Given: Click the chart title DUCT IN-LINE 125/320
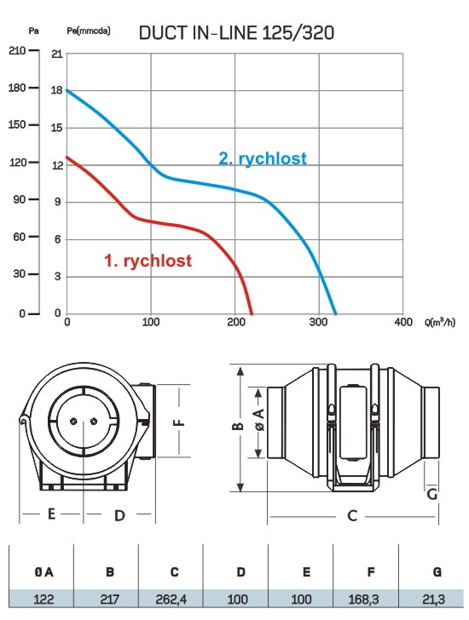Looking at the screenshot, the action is click(x=236, y=33).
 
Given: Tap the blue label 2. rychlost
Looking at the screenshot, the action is click(x=263, y=158).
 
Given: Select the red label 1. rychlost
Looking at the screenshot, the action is click(x=148, y=261).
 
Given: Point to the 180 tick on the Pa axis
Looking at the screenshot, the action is click(x=17, y=88).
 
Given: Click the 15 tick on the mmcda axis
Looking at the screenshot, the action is click(x=57, y=128).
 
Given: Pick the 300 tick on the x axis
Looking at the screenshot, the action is click(x=319, y=322).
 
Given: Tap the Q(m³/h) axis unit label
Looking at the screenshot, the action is click(x=440, y=322).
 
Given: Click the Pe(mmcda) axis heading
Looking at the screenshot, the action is click(x=89, y=31).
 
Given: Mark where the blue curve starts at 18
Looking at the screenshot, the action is click(x=67, y=90).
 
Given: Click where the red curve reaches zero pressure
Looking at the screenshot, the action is click(x=252, y=313).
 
